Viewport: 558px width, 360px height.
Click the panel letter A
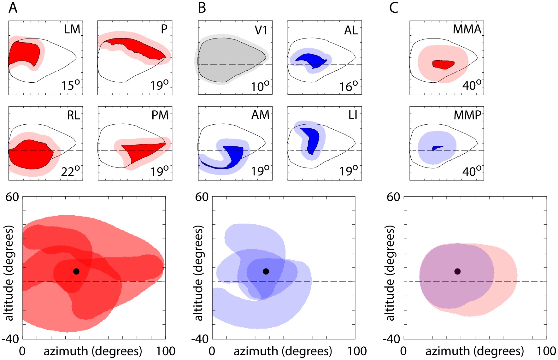(x=13, y=8)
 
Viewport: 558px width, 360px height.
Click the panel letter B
(x=202, y=8)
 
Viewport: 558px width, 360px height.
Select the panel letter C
(x=393, y=8)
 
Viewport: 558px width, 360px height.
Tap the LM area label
(x=72, y=29)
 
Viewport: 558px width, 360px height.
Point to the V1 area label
(x=261, y=30)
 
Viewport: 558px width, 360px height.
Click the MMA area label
(x=467, y=29)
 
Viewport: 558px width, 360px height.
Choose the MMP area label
(x=467, y=115)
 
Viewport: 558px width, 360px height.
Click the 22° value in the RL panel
(x=70, y=171)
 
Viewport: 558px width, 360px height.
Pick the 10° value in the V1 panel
(x=260, y=86)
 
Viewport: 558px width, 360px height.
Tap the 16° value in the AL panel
(x=349, y=86)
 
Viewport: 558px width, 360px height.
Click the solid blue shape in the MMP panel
(x=437, y=148)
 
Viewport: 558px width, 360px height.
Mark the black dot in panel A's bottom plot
(x=76, y=271)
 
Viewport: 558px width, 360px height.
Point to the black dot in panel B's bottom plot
(x=266, y=271)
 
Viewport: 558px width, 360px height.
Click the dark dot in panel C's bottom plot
(x=457, y=271)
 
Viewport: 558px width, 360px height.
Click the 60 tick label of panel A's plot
(x=12, y=197)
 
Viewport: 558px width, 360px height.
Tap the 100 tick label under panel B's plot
(x=357, y=351)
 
